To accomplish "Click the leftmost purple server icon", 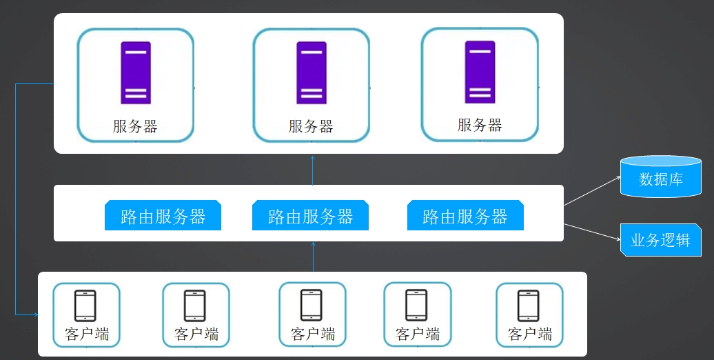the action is (136, 73).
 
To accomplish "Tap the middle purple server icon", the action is (312, 73).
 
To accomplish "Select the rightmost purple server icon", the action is (480, 72).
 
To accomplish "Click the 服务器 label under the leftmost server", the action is (135, 126).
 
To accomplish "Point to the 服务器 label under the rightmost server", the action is (480, 125).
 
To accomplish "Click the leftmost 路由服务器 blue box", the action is (163, 215).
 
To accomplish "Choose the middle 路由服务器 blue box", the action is (311, 215).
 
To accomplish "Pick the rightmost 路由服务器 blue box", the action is (465, 215).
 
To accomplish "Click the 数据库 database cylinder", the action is (661, 177).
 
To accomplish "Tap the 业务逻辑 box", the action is (661, 240).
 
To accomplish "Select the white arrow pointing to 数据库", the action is (593, 191).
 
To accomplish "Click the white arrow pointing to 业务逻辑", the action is (593, 232).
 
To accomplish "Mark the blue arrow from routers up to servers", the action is (312, 170).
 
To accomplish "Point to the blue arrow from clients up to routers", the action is (314, 257).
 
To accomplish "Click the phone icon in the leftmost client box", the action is (85, 306).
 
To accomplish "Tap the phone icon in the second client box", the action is (195, 306).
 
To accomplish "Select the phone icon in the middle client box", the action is (312, 306).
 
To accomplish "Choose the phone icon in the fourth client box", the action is (417, 306).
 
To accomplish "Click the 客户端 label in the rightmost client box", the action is (530, 334).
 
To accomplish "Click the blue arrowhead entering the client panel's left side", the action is (36, 314).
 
